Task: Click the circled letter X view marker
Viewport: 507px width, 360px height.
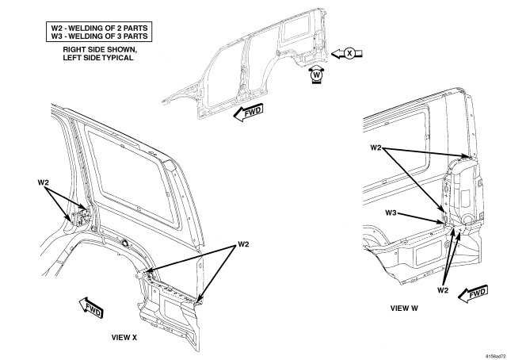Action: coord(349,53)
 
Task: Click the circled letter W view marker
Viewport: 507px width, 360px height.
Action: coord(317,75)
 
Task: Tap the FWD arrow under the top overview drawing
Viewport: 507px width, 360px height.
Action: coord(248,113)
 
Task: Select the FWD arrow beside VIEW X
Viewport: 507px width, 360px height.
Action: coord(91,308)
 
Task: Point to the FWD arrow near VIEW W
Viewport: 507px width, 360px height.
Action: coord(474,294)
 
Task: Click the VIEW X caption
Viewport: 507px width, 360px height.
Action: coord(124,337)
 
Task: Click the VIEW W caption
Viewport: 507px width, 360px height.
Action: coord(404,308)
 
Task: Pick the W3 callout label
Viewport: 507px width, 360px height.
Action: coord(391,213)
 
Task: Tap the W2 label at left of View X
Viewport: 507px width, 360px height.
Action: coord(44,182)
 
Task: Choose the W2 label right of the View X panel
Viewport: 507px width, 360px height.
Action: coord(243,244)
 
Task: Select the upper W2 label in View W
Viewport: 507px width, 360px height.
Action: coord(375,147)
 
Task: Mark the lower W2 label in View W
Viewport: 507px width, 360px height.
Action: coord(443,290)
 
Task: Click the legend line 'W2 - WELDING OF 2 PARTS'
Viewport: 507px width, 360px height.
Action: coord(99,28)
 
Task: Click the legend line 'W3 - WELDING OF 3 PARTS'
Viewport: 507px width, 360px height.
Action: coord(99,36)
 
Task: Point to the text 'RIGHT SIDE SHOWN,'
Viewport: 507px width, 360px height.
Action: coord(100,50)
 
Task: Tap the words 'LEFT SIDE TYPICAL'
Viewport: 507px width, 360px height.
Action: coord(98,58)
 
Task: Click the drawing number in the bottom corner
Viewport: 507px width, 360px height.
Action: coord(497,356)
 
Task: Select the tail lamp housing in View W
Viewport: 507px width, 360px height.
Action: coord(463,191)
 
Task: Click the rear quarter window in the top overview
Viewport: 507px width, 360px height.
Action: coord(296,29)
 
